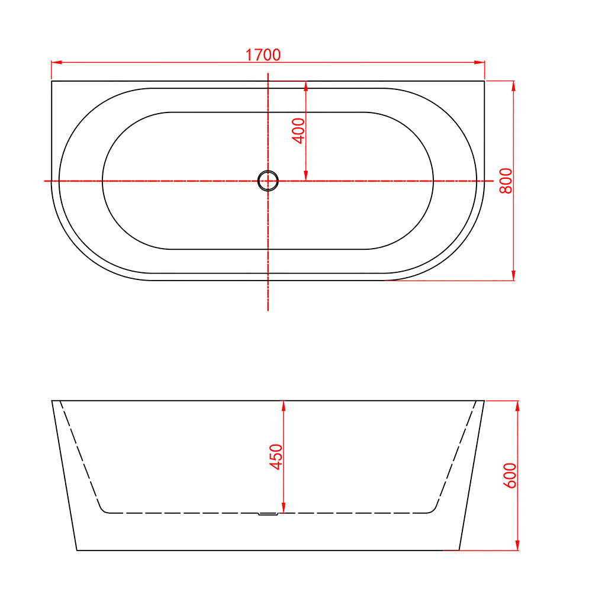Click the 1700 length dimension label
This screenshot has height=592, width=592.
pyautogui.click(x=263, y=55)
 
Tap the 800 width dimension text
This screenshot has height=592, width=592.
pyautogui.click(x=506, y=181)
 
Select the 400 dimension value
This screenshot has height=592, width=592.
pyautogui.click(x=298, y=130)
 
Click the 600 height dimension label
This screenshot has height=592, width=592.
pyautogui.click(x=510, y=475)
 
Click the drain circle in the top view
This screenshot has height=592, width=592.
pyautogui.click(x=268, y=181)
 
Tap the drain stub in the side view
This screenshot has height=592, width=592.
pyautogui.click(x=268, y=514)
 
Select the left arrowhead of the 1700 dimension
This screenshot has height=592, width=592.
pyautogui.click(x=56, y=62)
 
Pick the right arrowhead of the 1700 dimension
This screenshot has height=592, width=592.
pyautogui.click(x=481, y=62)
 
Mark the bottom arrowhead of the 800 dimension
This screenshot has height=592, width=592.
pyautogui.click(x=513, y=276)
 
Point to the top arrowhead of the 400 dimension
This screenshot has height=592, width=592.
pyautogui.click(x=305, y=85)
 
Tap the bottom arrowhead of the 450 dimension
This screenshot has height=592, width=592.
pyautogui.click(x=284, y=509)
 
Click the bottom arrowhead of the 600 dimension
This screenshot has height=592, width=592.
pyautogui.click(x=517, y=546)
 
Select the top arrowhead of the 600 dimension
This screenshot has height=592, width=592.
pyautogui.click(x=517, y=405)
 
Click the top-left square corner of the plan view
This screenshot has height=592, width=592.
pyautogui.click(x=52, y=81)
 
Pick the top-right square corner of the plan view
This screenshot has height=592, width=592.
pyautogui.click(x=484, y=81)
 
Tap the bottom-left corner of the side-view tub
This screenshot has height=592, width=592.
pyautogui.click(x=77, y=550)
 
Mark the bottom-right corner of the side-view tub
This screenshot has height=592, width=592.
pyautogui.click(x=459, y=550)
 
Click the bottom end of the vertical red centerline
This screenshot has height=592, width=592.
pyautogui.click(x=268, y=309)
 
